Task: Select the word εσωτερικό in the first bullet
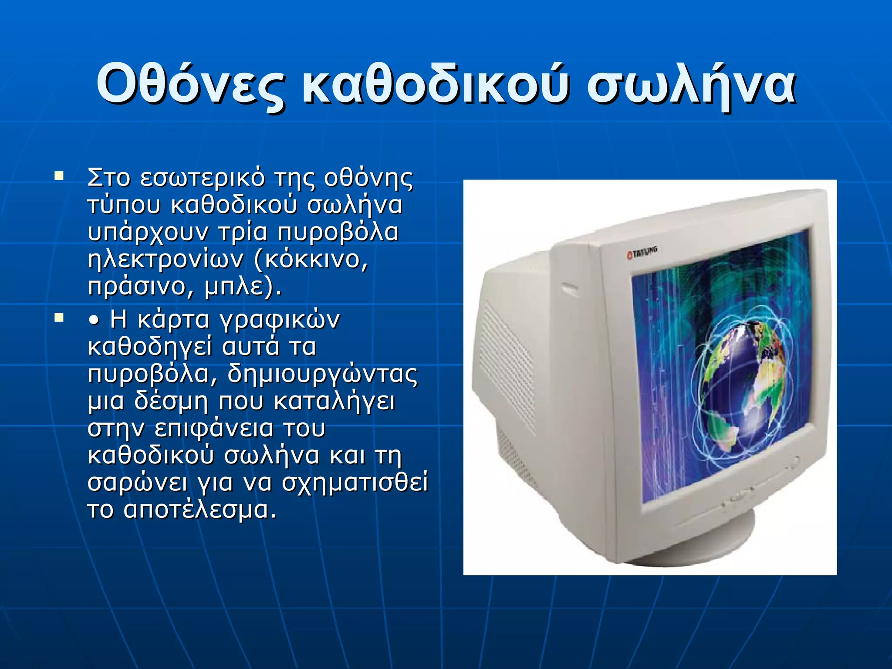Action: (203, 178)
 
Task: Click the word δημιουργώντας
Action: (322, 374)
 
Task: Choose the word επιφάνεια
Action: (214, 429)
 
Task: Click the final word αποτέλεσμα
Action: (200, 510)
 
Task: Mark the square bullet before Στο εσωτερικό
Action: (59, 176)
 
